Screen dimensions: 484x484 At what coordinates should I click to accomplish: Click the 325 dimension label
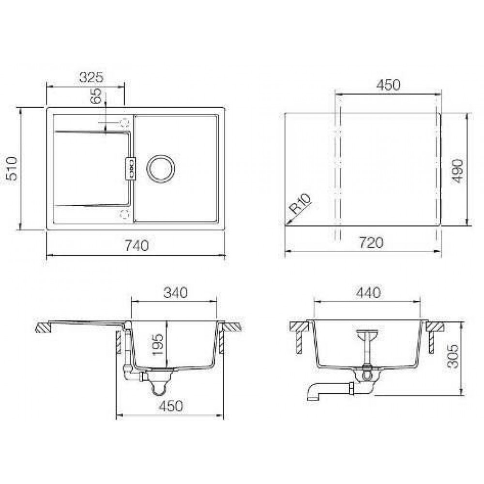[91, 77]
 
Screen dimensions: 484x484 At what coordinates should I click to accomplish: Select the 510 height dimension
[13, 168]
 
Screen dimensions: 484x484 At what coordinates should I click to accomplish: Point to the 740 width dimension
[136, 245]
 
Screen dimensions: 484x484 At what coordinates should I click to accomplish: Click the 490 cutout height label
[457, 171]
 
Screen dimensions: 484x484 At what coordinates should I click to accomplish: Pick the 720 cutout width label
[371, 242]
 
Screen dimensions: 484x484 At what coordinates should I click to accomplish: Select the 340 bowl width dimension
[175, 292]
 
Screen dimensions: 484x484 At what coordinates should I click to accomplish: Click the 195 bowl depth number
[158, 345]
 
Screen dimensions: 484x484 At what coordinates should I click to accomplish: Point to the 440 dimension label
[368, 292]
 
